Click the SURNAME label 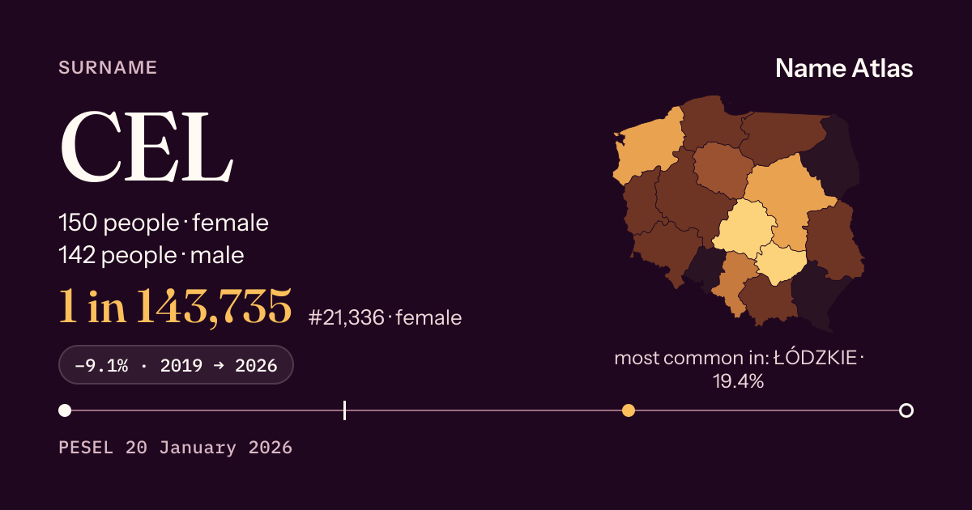pyautogui.click(x=108, y=68)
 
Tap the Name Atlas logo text pyautogui.click(x=844, y=68)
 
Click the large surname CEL pyautogui.click(x=147, y=147)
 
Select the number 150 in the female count pyautogui.click(x=78, y=223)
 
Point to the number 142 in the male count pyautogui.click(x=77, y=255)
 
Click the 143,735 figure pyautogui.click(x=214, y=307)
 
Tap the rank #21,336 pyautogui.click(x=347, y=318)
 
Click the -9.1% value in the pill pyautogui.click(x=101, y=366)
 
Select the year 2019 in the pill pyautogui.click(x=181, y=366)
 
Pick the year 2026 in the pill pyautogui.click(x=256, y=366)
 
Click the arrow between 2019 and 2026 pyautogui.click(x=219, y=365)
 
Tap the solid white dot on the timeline pyautogui.click(x=65, y=410)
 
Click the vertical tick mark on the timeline pyautogui.click(x=344, y=410)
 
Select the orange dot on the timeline pyautogui.click(x=629, y=410)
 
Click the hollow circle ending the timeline pyautogui.click(x=906, y=410)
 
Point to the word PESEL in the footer pyautogui.click(x=86, y=448)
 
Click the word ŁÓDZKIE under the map pyautogui.click(x=816, y=357)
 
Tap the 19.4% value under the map pyautogui.click(x=738, y=381)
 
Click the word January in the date pyautogui.click(x=198, y=448)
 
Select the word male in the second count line pyautogui.click(x=217, y=255)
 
